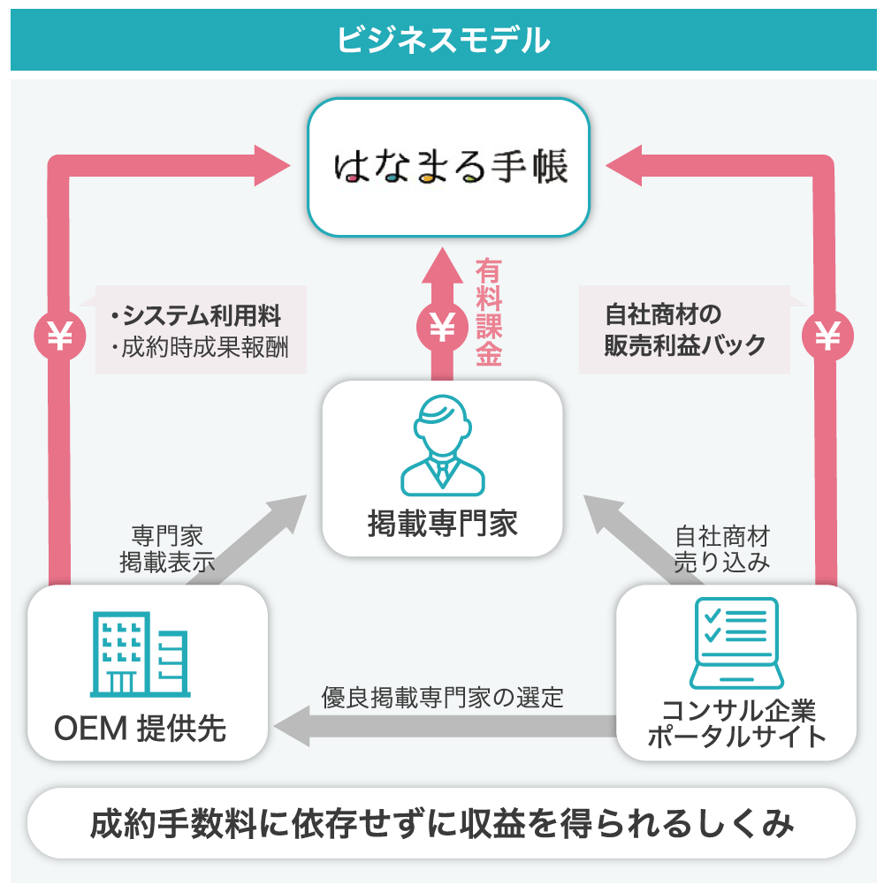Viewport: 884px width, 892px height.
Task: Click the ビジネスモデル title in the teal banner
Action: [442, 40]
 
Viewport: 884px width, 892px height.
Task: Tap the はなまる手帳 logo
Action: [449, 167]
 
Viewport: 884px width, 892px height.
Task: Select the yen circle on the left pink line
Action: [59, 336]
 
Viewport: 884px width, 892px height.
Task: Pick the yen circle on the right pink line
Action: [827, 336]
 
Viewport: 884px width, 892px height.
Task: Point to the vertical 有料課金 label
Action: [488, 313]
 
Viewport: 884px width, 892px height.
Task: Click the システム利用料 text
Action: [202, 315]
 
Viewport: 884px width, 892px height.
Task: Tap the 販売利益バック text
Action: [684, 345]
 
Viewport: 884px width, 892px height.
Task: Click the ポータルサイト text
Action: [735, 737]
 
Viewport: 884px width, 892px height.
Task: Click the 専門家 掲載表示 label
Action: [167, 549]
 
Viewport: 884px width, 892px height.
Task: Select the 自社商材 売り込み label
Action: [721, 549]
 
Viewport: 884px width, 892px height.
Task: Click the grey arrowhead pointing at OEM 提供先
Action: [291, 727]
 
